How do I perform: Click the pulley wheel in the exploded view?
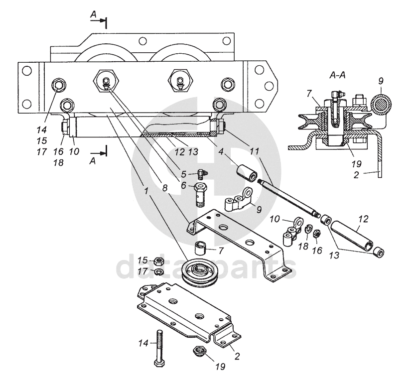[x=199, y=274]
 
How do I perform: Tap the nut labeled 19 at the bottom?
[x=200, y=350]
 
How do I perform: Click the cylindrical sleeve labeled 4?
[x=247, y=173]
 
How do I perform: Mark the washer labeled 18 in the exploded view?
[x=308, y=229]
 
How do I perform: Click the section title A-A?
[x=337, y=75]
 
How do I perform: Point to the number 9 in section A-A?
[x=381, y=81]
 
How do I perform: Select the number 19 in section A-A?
[x=356, y=164]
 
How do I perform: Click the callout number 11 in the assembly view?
[x=254, y=151]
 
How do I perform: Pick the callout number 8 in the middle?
[x=165, y=188]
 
